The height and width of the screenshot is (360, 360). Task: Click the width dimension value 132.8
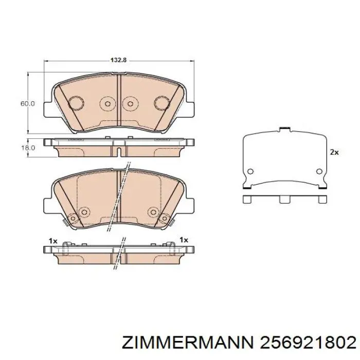pyautogui.click(x=118, y=60)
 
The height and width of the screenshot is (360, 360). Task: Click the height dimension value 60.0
pyautogui.click(x=27, y=103)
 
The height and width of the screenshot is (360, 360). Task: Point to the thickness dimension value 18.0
pyautogui.click(x=27, y=148)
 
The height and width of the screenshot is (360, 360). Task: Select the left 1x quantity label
pyautogui.click(x=52, y=240)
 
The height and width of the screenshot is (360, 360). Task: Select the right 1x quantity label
pyautogui.click(x=184, y=240)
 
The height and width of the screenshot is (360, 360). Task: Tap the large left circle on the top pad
pyautogui.click(x=77, y=102)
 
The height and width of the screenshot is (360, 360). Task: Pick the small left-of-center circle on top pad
pyautogui.click(x=107, y=103)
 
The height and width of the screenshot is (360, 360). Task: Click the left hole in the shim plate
pyautogui.click(x=250, y=172)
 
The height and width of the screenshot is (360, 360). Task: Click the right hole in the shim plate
pyautogui.click(x=319, y=172)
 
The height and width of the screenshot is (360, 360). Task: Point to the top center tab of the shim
pyautogui.click(x=284, y=130)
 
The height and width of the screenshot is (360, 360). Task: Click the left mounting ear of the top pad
pyautogui.click(x=48, y=109)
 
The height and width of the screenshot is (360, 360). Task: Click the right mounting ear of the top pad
pyautogui.click(x=191, y=109)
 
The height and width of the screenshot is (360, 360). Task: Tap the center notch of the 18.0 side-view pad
pyautogui.click(x=119, y=151)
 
